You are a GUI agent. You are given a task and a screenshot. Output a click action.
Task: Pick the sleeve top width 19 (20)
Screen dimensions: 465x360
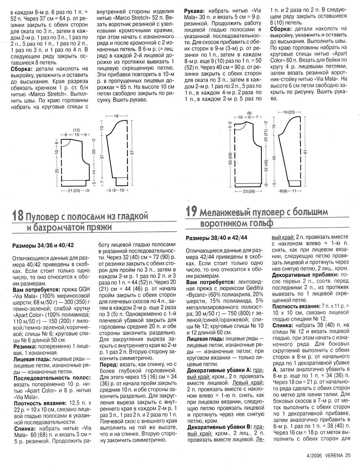click(289, 113)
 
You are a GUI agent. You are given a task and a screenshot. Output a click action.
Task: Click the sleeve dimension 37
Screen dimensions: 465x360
click(101, 157)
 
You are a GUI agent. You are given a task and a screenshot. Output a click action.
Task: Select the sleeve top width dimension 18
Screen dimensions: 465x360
click(116, 116)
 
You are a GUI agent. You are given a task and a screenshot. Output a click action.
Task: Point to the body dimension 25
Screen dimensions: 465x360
click(57, 171)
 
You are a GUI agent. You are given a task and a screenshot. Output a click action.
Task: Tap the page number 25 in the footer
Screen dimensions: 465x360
click(348, 455)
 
